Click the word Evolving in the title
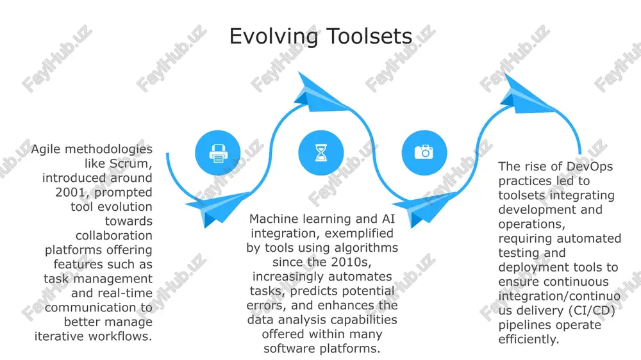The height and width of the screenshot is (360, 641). pyautogui.click(x=274, y=37)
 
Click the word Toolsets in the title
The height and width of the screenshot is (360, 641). pyautogui.click(x=370, y=36)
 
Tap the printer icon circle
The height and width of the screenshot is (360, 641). pyautogui.click(x=218, y=153)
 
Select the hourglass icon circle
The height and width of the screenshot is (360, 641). pyautogui.click(x=321, y=153)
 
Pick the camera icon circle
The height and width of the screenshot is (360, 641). pyautogui.click(x=424, y=153)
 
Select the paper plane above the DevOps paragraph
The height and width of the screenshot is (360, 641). pyautogui.click(x=528, y=94)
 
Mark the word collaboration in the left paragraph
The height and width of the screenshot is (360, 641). pyautogui.click(x=113, y=235)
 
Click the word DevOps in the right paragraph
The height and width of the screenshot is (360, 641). pyautogui.click(x=590, y=167)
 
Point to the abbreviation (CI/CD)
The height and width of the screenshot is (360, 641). pyautogui.click(x=592, y=311)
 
